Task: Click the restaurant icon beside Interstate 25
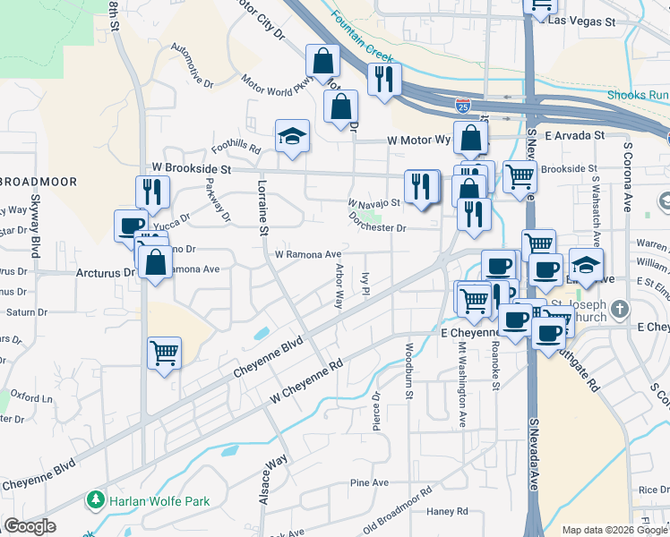coord(384,79)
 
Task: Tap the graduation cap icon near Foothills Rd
coord(292,136)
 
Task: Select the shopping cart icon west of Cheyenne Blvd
coord(164,353)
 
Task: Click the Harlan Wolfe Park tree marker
coord(93,499)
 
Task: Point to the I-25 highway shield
coord(462,106)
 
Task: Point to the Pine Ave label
coord(369,482)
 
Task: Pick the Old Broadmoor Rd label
coord(397,506)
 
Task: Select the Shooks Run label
coord(638,95)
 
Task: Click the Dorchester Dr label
coord(378,227)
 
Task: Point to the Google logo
coord(30,526)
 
